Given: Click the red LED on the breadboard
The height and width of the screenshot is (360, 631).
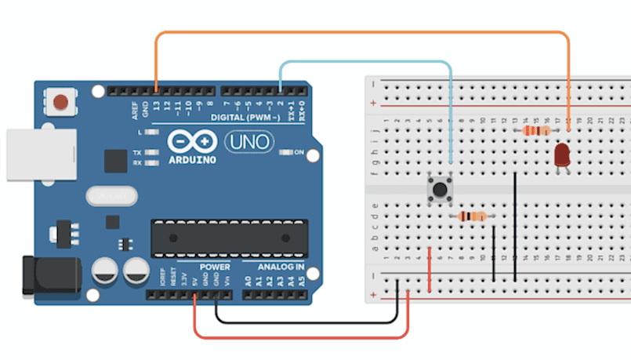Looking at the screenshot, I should pos(561,155).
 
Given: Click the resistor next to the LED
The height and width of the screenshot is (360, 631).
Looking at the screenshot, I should pos(536,131).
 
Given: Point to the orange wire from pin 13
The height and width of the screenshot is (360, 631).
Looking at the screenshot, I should pos(361,33).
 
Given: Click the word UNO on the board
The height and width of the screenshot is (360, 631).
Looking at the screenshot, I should pos(249,142).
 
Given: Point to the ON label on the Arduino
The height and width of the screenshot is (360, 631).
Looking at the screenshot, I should pos(299,152).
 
